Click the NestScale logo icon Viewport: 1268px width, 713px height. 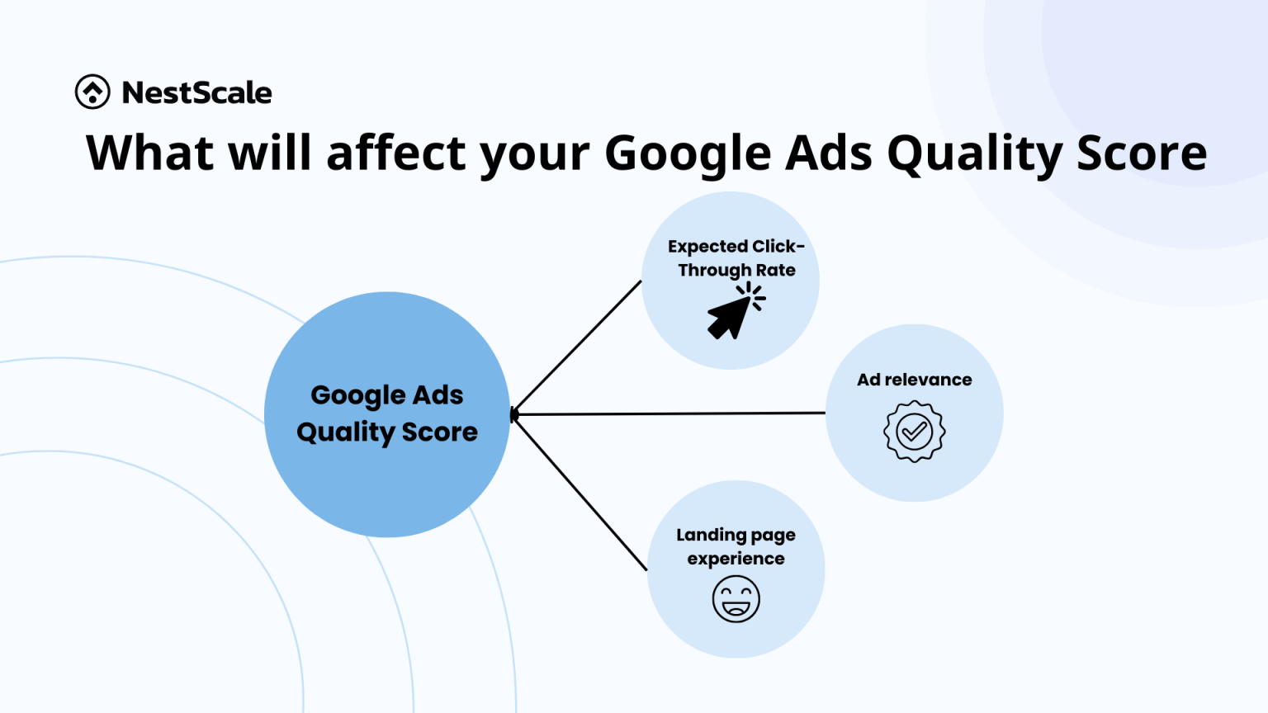coord(92,92)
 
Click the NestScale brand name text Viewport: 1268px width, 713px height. coord(196,92)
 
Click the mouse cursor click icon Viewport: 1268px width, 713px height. coord(735,311)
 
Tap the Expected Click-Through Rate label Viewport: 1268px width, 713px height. coord(736,257)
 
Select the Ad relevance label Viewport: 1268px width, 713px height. coord(914,380)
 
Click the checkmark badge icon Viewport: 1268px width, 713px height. coord(914,432)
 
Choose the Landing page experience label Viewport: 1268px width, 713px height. coord(736,546)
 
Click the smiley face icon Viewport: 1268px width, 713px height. coord(736,599)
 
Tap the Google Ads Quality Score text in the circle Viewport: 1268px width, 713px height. coord(387,413)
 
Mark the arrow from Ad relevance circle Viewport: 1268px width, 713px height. coord(669,413)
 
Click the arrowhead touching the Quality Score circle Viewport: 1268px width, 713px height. coord(514,414)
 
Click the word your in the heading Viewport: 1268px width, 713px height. coord(535,154)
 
